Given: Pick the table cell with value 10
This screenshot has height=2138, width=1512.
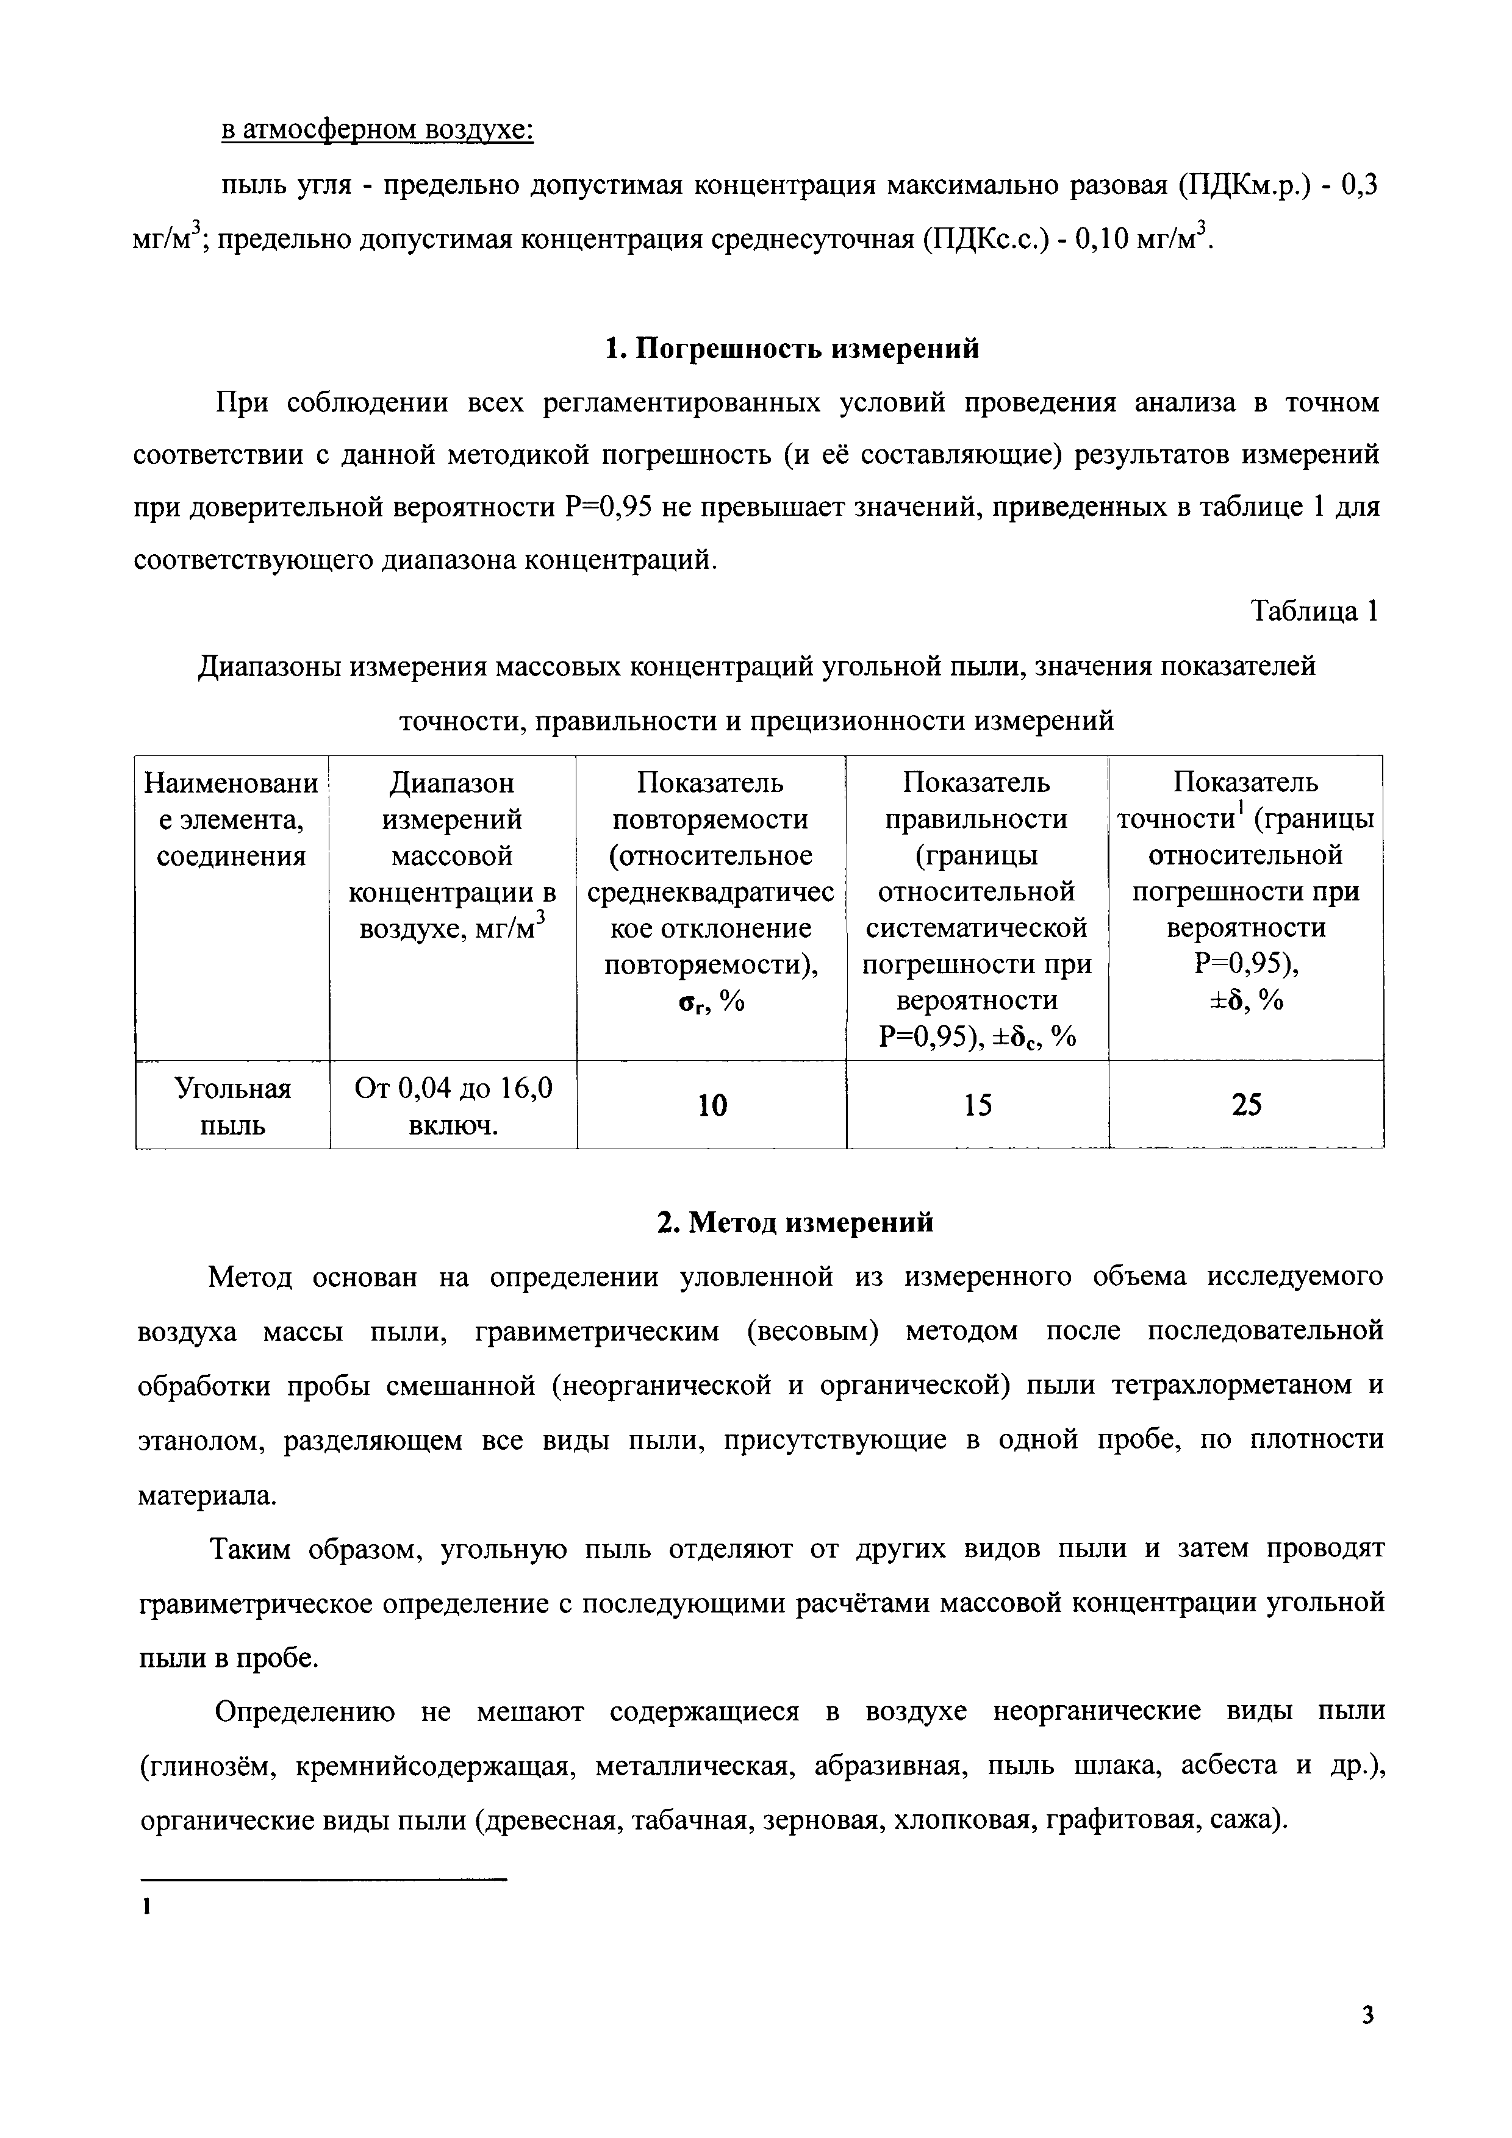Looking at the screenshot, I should coord(712,1105).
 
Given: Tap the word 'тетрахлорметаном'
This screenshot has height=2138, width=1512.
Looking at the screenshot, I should coord(1228,1386).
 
